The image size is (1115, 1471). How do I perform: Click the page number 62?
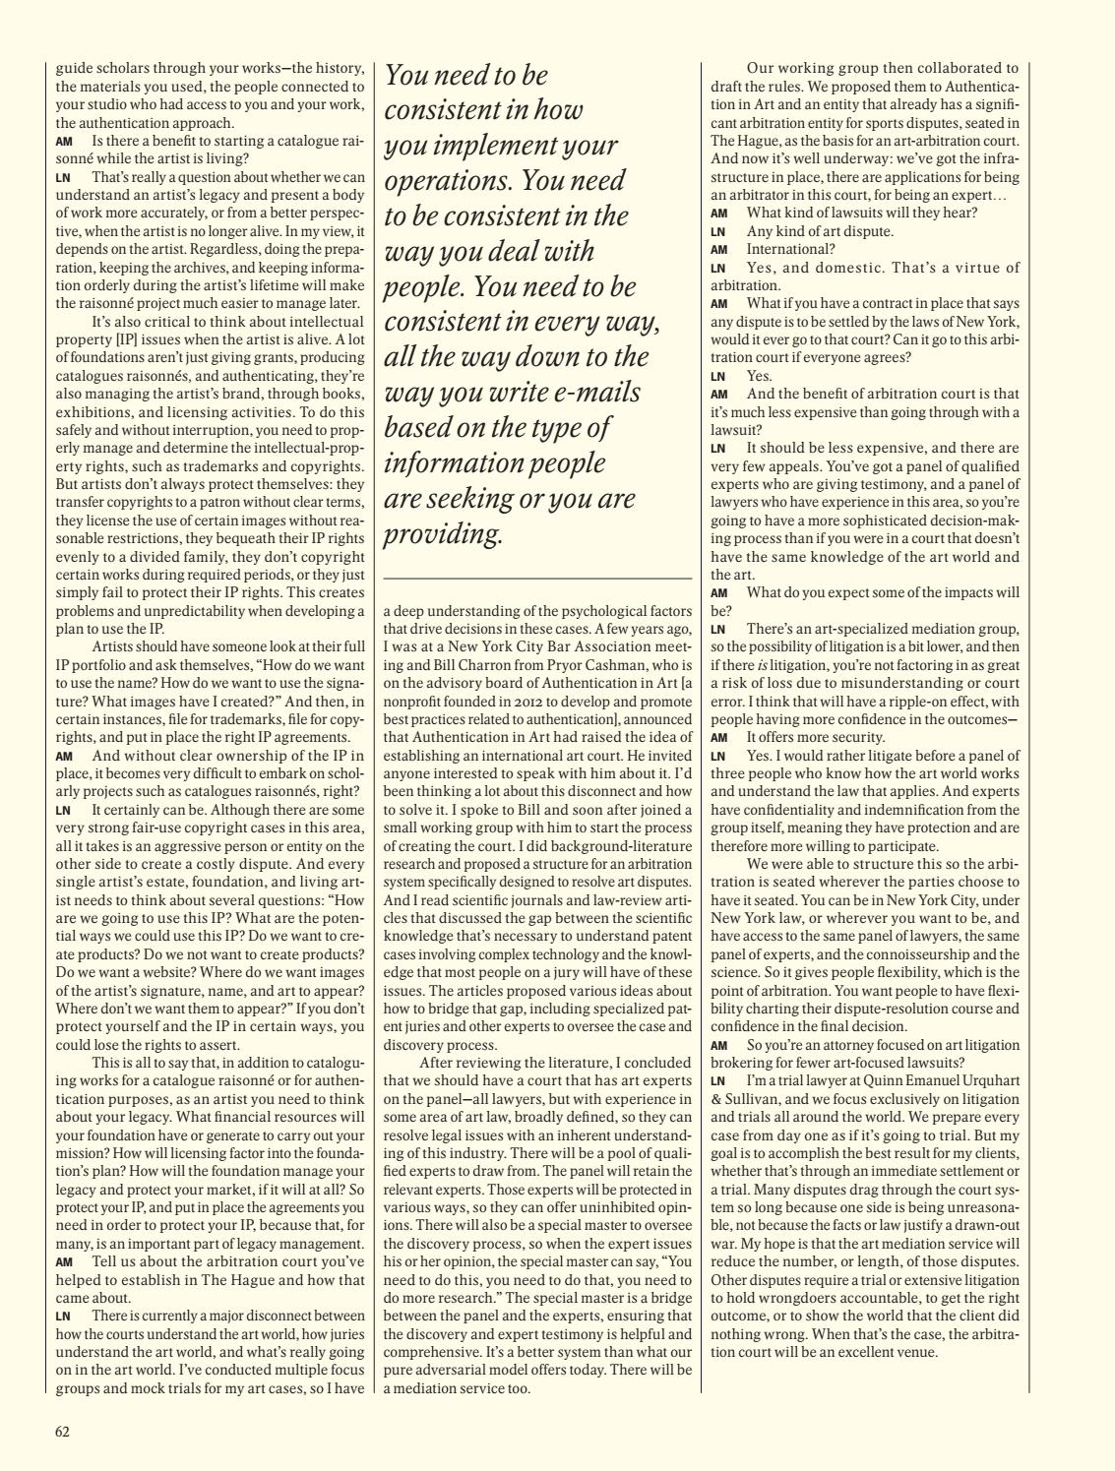pos(62,1432)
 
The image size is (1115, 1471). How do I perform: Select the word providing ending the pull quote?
pos(442,534)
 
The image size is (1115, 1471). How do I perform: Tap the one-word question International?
pos(790,249)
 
